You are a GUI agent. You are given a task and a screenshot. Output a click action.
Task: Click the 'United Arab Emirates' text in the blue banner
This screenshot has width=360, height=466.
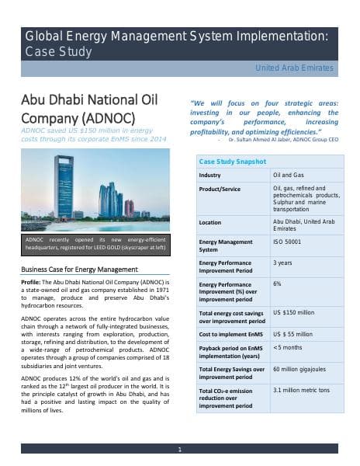pyautogui.click(x=295, y=68)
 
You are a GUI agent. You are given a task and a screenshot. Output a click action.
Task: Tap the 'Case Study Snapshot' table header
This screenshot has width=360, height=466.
pyautogui.click(x=233, y=161)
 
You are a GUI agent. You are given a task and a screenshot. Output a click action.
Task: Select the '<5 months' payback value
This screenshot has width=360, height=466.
pyautogui.click(x=289, y=347)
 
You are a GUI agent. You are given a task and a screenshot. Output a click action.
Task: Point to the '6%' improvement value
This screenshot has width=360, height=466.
pyautogui.click(x=278, y=283)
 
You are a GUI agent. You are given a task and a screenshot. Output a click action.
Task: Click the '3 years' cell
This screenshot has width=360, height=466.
pyautogui.click(x=282, y=263)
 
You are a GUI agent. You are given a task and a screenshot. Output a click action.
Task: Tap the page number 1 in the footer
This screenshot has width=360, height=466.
pyautogui.click(x=180, y=449)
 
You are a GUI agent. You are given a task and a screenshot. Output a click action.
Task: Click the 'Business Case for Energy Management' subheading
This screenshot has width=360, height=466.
pyautogui.click(x=80, y=269)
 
